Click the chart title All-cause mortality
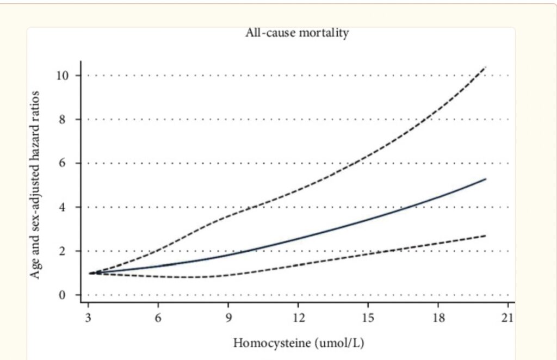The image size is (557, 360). [x=297, y=33]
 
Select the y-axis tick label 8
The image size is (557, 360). [x=65, y=119]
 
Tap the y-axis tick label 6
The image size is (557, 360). [x=65, y=163]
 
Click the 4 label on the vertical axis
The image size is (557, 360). [x=65, y=207]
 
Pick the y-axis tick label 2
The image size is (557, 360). [x=65, y=251]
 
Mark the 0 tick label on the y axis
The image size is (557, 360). [x=65, y=295]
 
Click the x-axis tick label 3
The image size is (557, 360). [x=88, y=317]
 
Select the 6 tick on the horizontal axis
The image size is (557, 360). [x=158, y=317]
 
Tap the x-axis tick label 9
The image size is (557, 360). [x=228, y=317]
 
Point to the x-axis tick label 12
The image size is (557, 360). [x=298, y=317]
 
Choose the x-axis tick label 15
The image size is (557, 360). [x=368, y=317]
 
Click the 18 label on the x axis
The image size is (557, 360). [x=438, y=317]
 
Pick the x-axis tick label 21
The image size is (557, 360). [x=508, y=317]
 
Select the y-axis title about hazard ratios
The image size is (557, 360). [x=35, y=185]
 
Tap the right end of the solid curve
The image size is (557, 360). [x=485, y=179]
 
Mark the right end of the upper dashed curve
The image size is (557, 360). [x=485, y=67]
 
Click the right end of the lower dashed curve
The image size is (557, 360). [x=485, y=235]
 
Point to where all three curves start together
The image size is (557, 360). [x=90, y=273]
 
